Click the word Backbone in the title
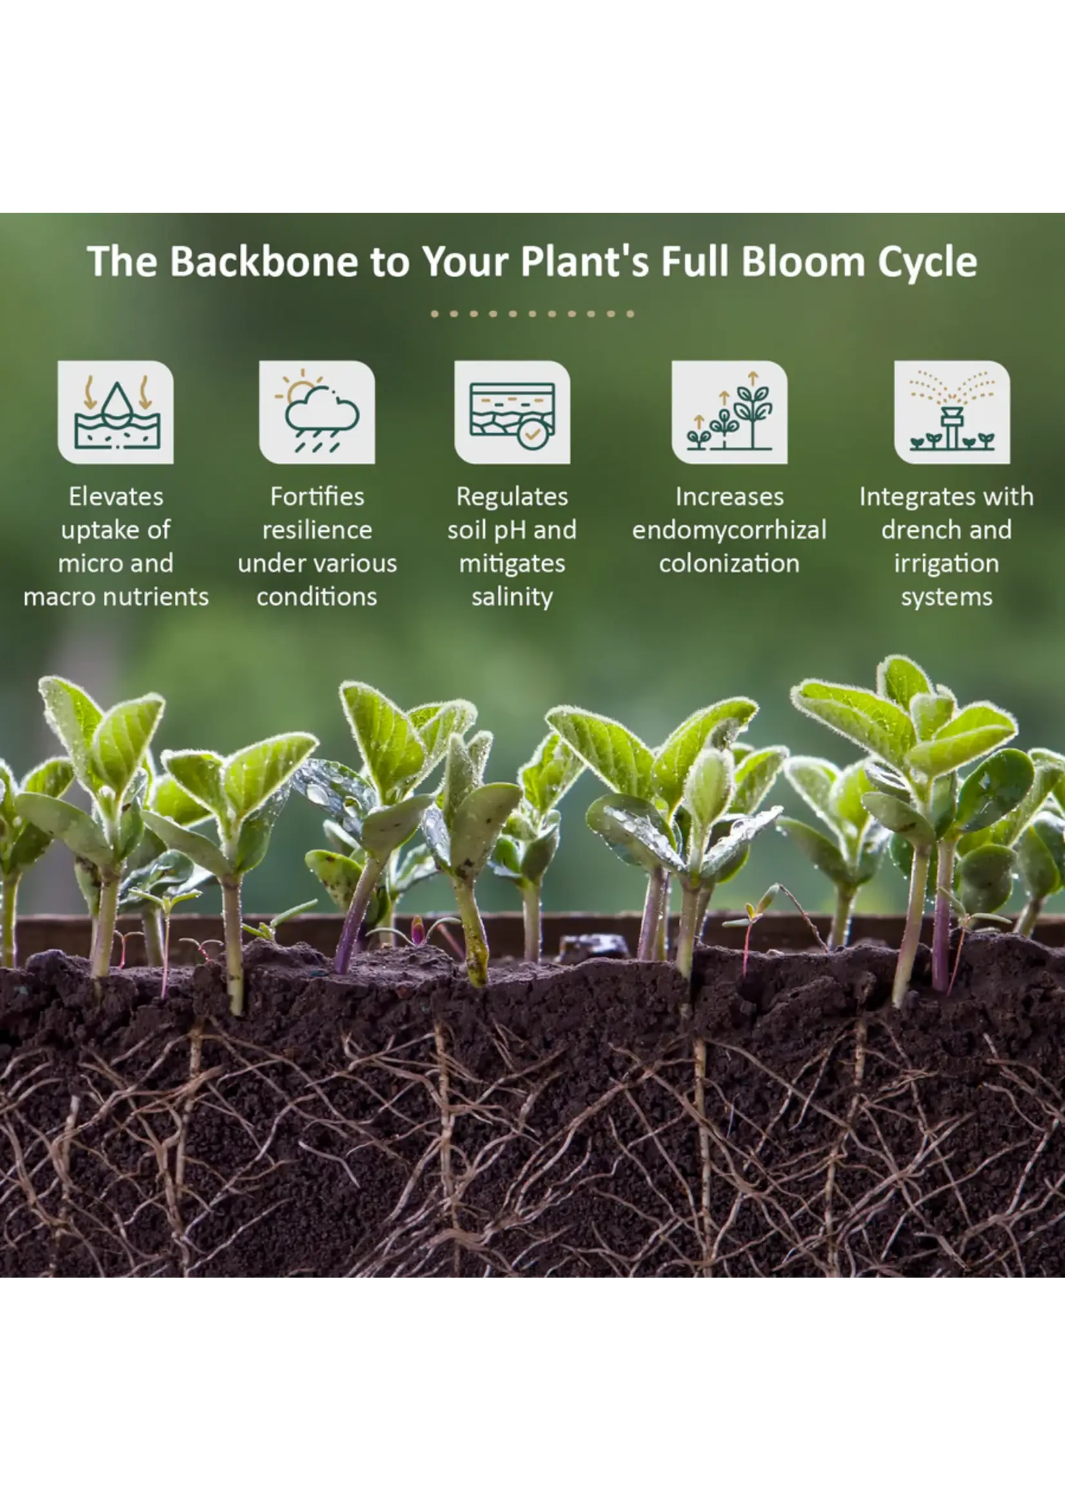[x=264, y=261]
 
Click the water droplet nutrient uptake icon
[x=116, y=413]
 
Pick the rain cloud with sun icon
[x=317, y=413]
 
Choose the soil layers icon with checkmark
[x=512, y=413]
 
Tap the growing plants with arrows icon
[x=729, y=413]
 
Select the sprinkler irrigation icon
[x=952, y=413]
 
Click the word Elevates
[x=116, y=496]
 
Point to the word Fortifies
[x=317, y=496]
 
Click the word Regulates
[x=512, y=498]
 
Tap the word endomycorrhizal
[x=729, y=531]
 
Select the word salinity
[x=512, y=598]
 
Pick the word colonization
[x=729, y=563]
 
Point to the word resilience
[x=317, y=530]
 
